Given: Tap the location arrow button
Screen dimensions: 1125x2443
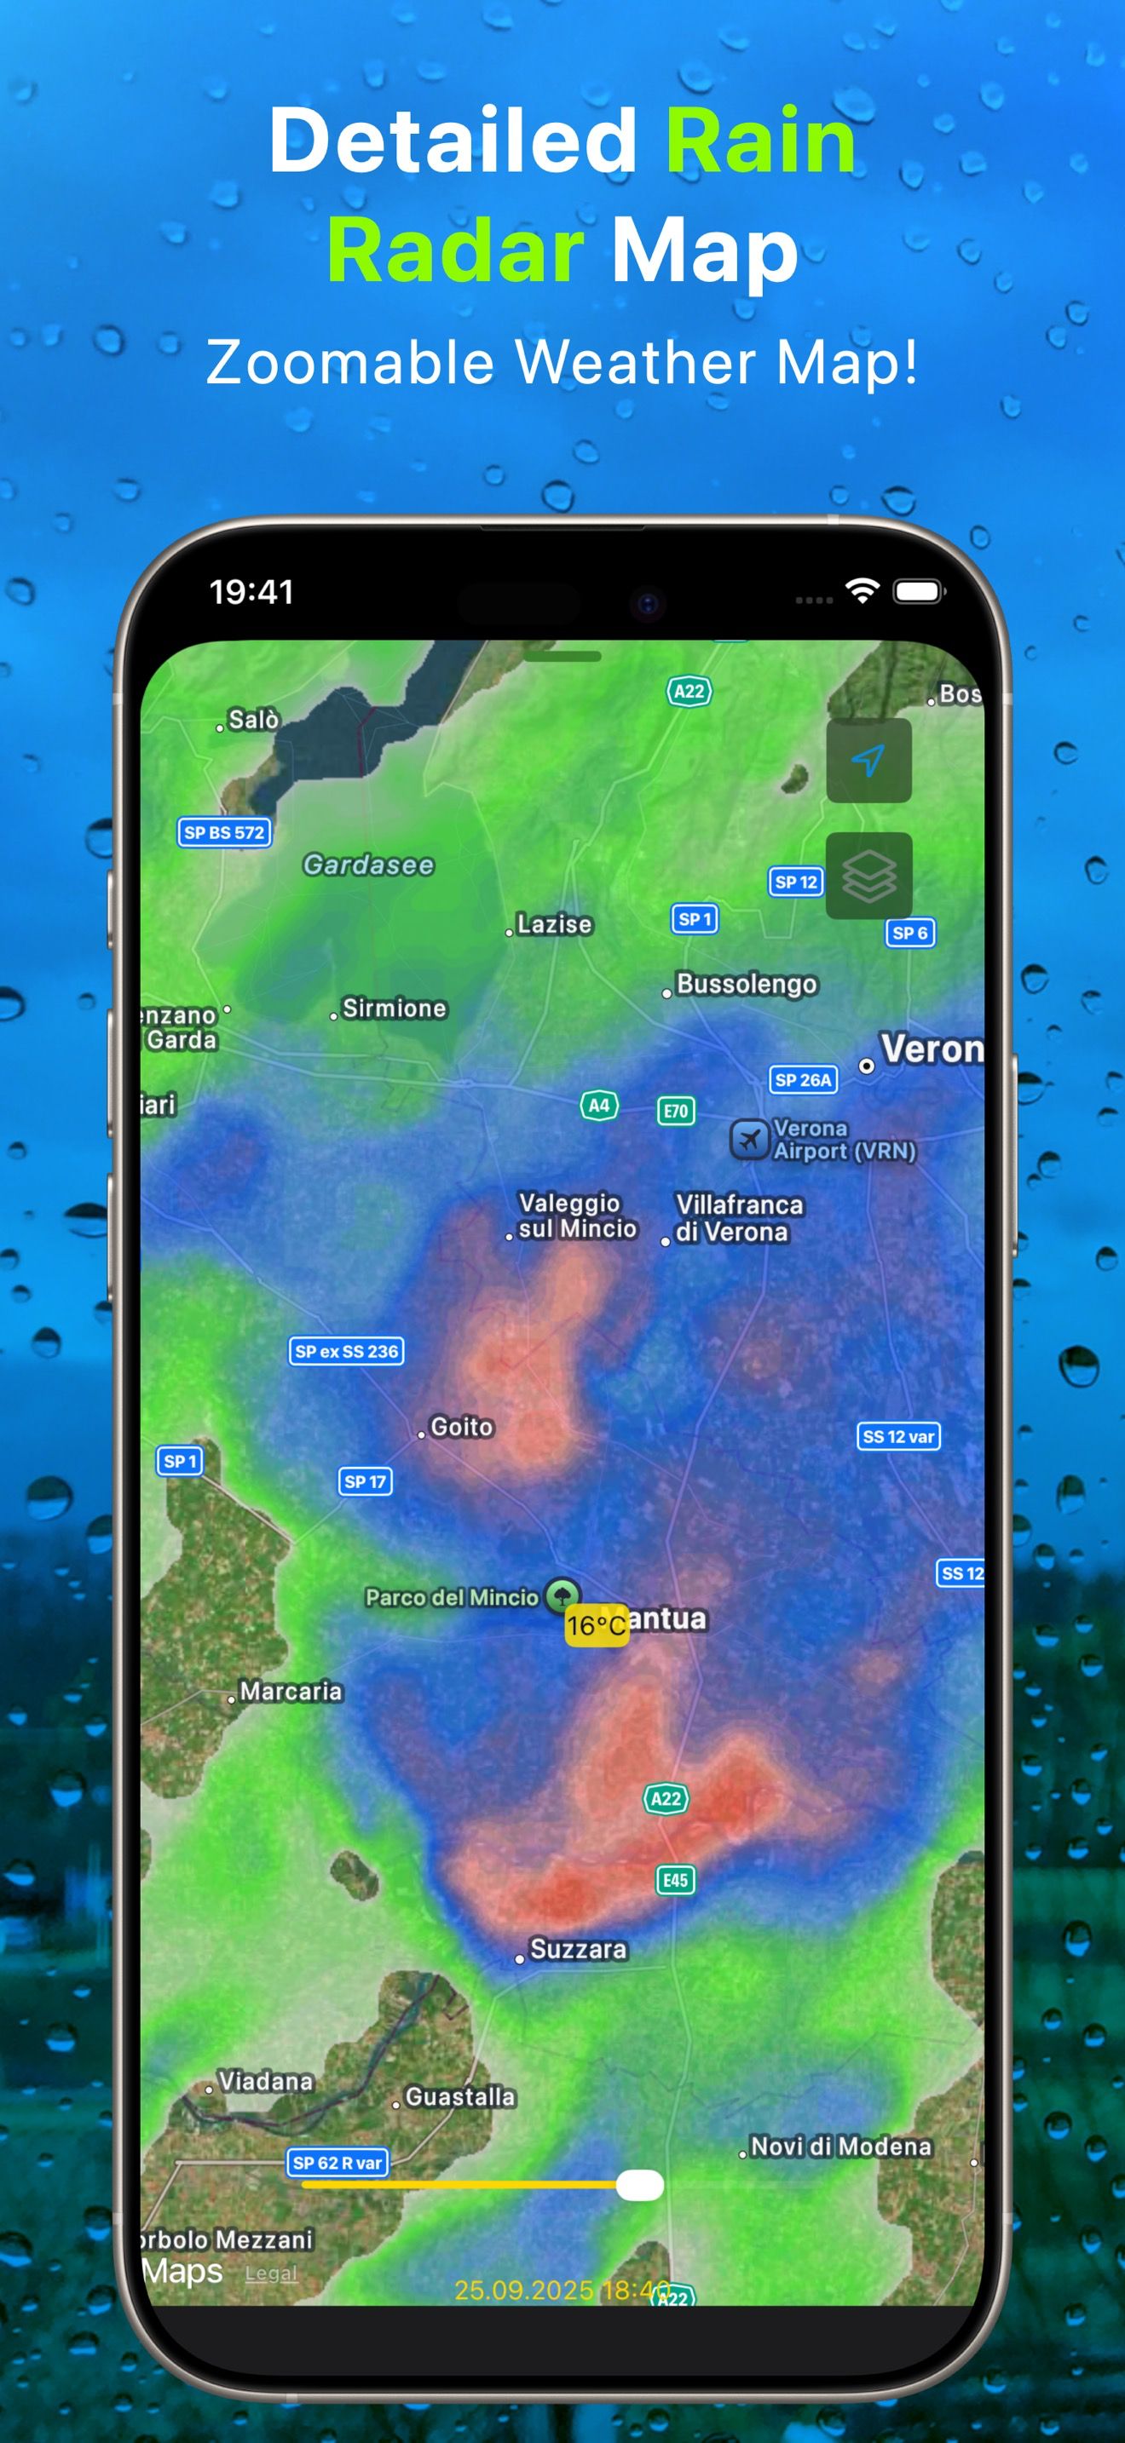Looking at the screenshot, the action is pos(868,761).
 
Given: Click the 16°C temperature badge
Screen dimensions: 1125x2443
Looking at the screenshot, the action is pos(597,1625).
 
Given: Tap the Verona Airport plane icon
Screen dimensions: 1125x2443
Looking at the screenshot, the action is pos(748,1139).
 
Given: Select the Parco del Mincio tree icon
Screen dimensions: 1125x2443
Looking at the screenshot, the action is pos(562,1595).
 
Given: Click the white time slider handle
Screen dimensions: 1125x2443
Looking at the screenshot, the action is pos(639,2185).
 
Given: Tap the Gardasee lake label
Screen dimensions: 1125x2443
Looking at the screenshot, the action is pos(368,865).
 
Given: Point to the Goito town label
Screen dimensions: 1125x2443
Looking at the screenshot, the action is pos(462,1428).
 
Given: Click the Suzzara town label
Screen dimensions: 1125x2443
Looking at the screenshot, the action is pos(578,1950).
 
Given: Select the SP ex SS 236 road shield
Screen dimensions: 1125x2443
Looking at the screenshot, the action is pos(346,1352).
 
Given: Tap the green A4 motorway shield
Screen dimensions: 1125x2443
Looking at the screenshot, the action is pos(598,1105).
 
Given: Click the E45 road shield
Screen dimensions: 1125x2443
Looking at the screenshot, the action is pos(675,1880).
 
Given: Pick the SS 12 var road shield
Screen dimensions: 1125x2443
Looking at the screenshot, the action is pos(898,1437).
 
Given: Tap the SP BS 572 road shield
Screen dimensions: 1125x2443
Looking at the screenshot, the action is pos(224,833).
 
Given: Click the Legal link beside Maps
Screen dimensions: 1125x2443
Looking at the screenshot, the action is pos(270,2273).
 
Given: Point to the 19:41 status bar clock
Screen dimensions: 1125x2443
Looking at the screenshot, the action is pos(251,592).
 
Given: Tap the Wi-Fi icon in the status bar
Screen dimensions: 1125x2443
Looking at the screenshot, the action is pos(862,591).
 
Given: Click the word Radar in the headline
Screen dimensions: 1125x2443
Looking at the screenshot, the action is pos(455,250).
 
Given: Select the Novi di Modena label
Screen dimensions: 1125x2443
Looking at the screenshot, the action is pos(840,2147).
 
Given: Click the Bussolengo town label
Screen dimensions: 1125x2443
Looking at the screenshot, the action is pos(747,985).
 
